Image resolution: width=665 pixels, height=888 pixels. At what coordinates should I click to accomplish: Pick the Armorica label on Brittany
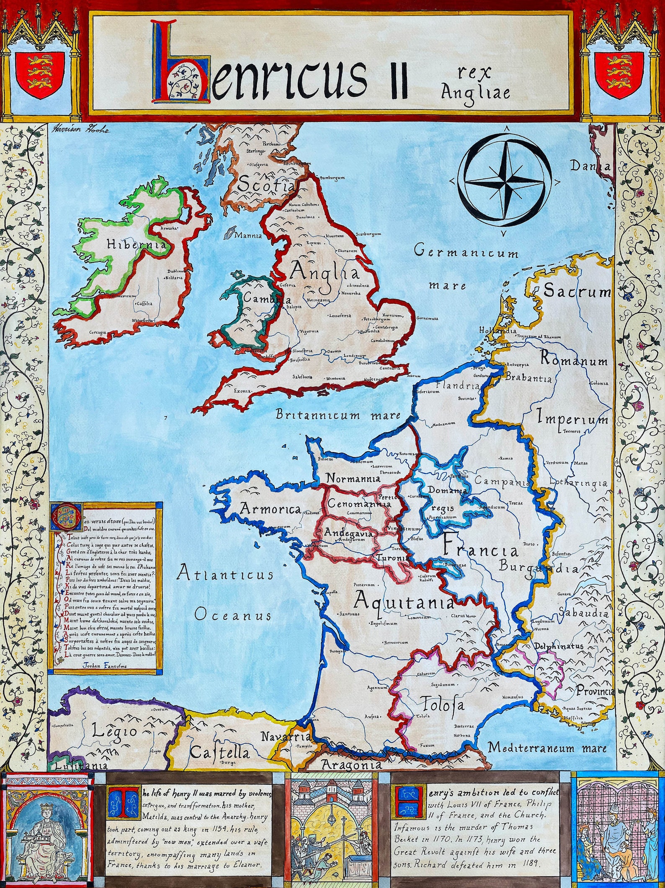271,508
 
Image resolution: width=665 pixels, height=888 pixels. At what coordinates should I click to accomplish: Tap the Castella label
219,764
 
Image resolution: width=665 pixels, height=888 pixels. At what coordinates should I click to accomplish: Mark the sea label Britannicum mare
338,415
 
